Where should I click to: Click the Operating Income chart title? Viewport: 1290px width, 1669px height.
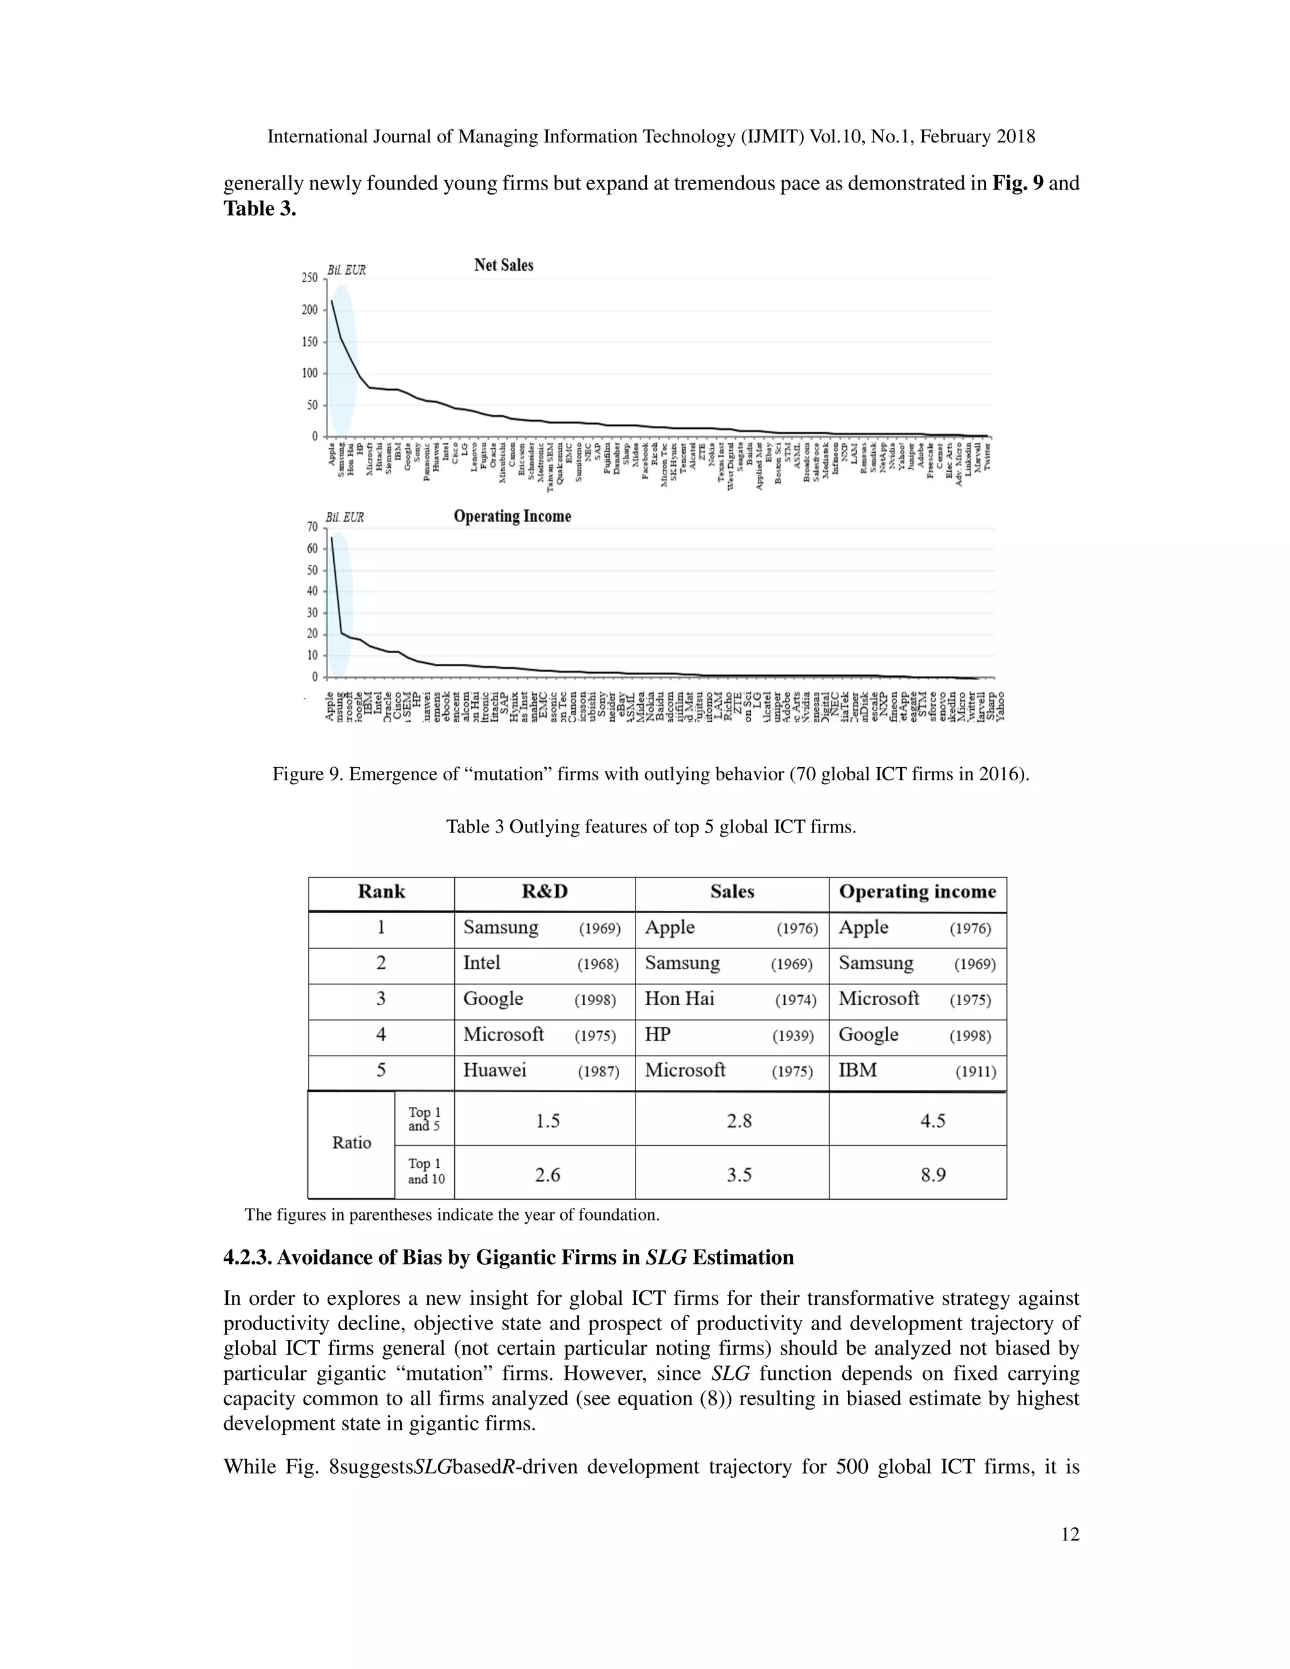512,516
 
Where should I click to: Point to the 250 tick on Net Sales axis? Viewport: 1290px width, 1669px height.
309,278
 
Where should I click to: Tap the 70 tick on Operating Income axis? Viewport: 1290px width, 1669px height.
312,527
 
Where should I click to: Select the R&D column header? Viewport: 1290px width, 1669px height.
544,892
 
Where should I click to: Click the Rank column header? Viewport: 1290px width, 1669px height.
381,892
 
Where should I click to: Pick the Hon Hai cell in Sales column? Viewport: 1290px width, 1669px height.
680,999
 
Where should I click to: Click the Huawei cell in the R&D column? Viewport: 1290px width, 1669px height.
494,1070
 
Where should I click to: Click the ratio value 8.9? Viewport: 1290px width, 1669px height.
932,1175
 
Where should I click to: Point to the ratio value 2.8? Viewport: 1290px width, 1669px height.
739,1121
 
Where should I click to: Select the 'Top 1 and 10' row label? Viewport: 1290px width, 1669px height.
426,1171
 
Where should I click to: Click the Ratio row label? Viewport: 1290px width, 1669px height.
351,1143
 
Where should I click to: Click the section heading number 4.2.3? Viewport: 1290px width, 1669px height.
247,1258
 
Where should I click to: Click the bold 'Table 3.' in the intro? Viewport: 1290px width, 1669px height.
259,208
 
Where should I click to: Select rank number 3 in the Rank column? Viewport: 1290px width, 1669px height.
380,999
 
